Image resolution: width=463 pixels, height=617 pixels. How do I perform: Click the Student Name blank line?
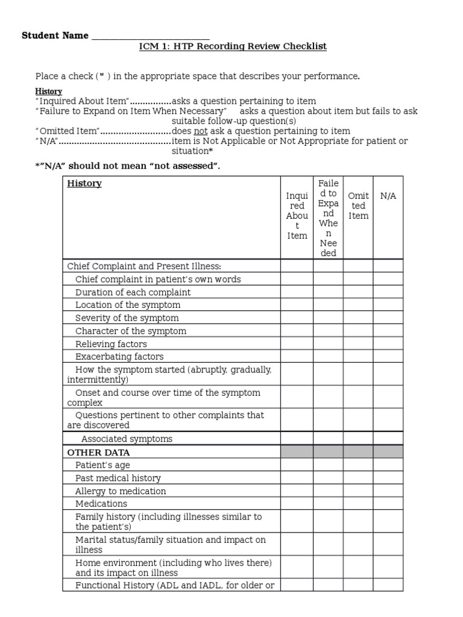(x=150, y=36)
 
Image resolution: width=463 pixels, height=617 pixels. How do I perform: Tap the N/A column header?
(x=388, y=196)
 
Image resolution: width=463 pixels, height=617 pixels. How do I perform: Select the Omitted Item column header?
(x=358, y=206)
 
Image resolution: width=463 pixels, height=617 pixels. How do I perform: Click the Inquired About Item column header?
(x=297, y=216)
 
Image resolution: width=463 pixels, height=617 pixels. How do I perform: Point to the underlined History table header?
(x=84, y=183)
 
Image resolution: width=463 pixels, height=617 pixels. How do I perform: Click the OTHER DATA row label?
(x=98, y=452)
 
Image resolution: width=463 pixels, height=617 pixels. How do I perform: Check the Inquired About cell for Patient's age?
(x=297, y=465)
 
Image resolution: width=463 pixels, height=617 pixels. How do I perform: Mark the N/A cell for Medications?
(x=388, y=504)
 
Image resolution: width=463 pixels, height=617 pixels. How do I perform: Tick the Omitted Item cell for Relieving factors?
(x=358, y=343)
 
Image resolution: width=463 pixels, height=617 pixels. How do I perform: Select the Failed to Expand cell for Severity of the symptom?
(x=328, y=318)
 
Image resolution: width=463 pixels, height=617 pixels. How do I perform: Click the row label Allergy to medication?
(x=121, y=491)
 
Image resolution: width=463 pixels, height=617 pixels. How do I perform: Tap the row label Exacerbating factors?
(x=119, y=356)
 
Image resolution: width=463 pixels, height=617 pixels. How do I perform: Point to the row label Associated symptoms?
(x=127, y=439)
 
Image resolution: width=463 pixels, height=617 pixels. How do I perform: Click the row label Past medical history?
(x=118, y=478)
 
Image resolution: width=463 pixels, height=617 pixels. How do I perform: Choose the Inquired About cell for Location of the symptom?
(x=297, y=305)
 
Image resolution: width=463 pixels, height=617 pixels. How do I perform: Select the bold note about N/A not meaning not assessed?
(x=128, y=166)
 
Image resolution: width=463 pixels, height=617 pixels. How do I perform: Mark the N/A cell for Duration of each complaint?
(x=388, y=292)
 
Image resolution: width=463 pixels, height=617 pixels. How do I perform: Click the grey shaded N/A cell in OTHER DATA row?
(x=388, y=452)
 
